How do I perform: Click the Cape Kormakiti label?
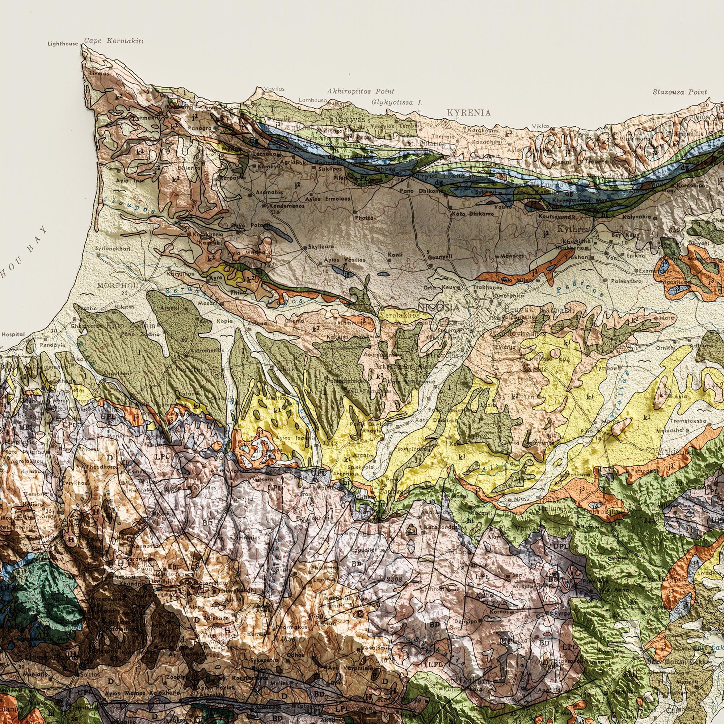coord(108,41)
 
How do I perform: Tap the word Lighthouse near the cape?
coord(63,44)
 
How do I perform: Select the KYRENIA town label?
coord(468,113)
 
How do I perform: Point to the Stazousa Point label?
coord(680,92)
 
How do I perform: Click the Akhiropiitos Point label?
coord(361,91)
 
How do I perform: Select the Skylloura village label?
coord(318,247)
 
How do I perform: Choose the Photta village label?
coord(363,217)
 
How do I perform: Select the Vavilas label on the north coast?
coord(274,89)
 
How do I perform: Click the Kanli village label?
coord(395,255)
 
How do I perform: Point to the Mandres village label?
coord(512,256)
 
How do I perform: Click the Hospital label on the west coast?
coord(13,334)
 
